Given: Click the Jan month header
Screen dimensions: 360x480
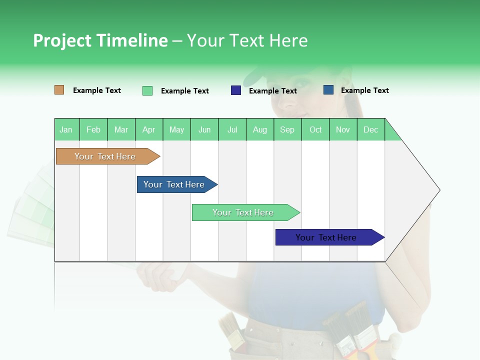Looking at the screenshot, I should [66, 129].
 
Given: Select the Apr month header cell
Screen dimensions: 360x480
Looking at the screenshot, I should [149, 129].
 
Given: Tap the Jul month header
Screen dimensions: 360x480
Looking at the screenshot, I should [232, 129].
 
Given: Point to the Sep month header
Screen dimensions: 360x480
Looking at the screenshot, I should [287, 129].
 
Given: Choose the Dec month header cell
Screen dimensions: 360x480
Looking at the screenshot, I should [370, 129].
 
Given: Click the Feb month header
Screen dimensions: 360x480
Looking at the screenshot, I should [93, 129].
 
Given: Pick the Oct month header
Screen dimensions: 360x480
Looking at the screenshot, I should [315, 129].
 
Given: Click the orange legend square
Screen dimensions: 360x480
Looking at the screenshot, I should [59, 90].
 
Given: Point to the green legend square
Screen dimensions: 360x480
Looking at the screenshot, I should [147, 90].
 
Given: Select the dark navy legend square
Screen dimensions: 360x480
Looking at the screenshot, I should [236, 90].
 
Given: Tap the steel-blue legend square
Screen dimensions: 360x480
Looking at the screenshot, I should [328, 90].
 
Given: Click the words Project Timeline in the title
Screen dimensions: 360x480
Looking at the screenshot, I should [100, 40].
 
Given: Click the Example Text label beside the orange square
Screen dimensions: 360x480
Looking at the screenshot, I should [97, 90].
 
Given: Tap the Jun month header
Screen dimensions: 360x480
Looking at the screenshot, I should [204, 129].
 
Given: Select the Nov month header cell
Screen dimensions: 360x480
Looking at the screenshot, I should [343, 129].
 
